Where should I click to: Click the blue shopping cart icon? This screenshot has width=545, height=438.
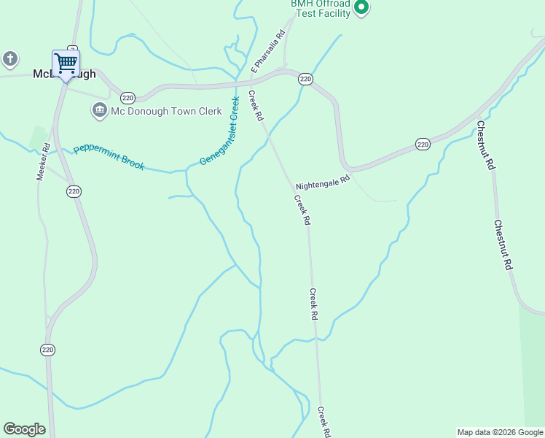(66, 63)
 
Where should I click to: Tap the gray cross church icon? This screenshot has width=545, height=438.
(9, 59)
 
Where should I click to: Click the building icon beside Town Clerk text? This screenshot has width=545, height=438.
(99, 111)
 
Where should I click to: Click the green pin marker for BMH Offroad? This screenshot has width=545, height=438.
(361, 8)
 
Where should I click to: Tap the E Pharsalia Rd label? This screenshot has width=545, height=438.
(267, 52)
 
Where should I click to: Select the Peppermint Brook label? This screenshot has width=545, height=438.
(109, 155)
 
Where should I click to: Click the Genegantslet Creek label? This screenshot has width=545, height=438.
(220, 130)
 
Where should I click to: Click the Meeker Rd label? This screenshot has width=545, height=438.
(44, 161)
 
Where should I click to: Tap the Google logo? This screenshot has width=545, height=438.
(24, 429)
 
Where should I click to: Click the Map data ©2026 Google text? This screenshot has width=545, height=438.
(500, 432)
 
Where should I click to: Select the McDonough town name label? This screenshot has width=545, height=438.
(65, 74)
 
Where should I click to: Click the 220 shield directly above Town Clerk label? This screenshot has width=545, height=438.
(128, 97)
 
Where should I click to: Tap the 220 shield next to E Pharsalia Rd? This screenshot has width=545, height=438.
(305, 78)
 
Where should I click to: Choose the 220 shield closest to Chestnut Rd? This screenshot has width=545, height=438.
(423, 144)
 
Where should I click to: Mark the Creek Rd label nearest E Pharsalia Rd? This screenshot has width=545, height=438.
(256, 105)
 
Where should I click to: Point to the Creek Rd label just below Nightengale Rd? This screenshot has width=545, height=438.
(302, 210)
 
